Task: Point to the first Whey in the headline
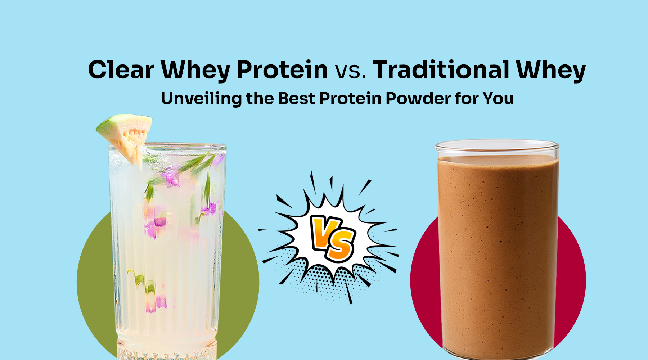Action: point(195,70)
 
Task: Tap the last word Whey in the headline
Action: point(551,70)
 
